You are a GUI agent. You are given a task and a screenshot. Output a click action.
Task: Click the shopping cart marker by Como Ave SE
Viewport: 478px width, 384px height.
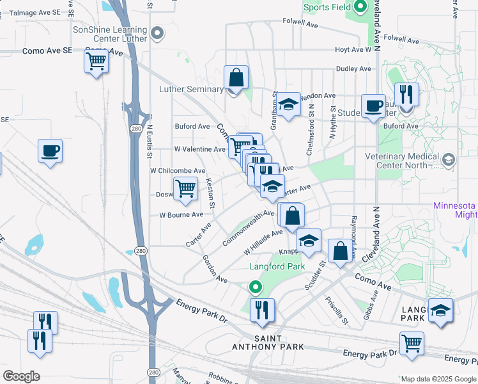tap(96, 62)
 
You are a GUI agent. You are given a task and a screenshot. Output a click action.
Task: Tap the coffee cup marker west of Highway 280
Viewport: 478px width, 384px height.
tap(50, 152)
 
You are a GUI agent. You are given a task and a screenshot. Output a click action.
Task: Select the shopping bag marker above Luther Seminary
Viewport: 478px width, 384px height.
tap(236, 77)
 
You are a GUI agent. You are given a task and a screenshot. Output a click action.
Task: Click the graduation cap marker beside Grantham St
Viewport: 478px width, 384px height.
tap(289, 105)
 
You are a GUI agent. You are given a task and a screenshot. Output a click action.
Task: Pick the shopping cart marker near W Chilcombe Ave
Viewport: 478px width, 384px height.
tap(185, 189)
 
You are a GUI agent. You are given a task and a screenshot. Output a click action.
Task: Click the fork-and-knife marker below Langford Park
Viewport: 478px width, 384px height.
tap(262, 310)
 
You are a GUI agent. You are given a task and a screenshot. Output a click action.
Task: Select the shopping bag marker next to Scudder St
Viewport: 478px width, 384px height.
tap(341, 250)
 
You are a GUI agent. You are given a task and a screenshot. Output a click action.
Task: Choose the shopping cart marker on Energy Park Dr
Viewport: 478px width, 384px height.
tap(412, 343)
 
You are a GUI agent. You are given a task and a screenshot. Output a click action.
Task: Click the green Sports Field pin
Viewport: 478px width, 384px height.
tap(360, 8)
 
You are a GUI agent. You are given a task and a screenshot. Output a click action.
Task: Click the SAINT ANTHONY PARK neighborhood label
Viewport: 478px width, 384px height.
tap(278, 342)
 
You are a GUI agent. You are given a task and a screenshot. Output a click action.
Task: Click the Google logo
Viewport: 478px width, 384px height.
tap(21, 376)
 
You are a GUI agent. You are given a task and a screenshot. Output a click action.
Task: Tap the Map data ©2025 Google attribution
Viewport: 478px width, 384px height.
tap(438, 379)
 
